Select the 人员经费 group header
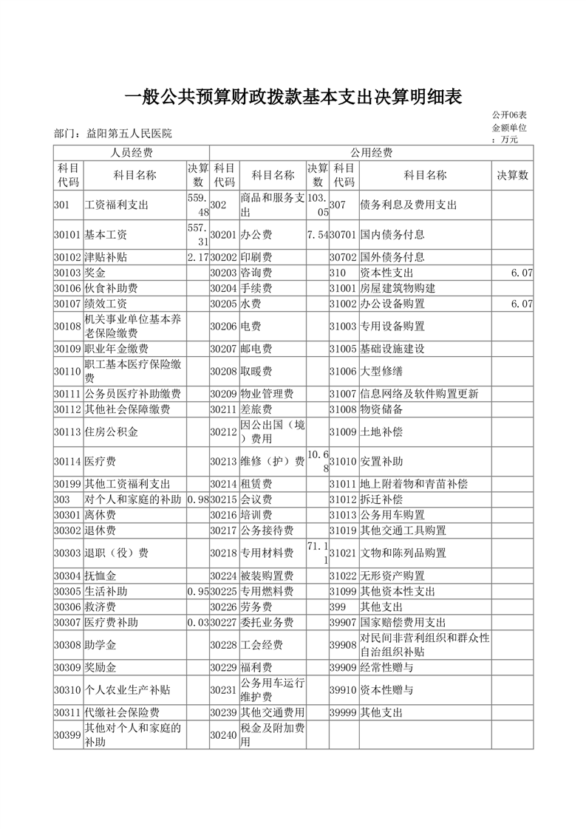(131, 153)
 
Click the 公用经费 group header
(371, 153)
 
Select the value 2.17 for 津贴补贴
(198, 257)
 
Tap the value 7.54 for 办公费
(317, 235)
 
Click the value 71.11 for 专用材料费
(317, 553)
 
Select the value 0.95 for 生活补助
(198, 591)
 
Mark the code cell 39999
(344, 713)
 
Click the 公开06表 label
(508, 115)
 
